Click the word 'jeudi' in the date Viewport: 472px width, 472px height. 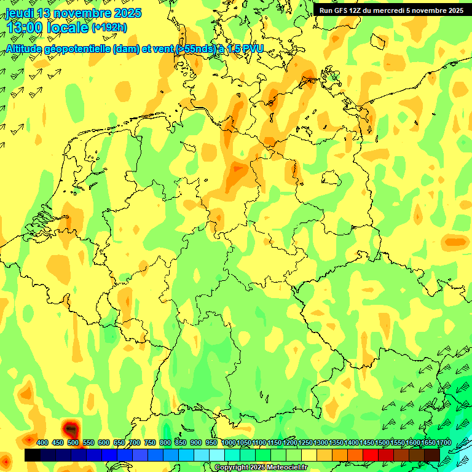click(x=19, y=13)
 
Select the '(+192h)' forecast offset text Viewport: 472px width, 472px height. click(x=109, y=28)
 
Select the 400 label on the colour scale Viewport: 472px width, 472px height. click(x=42, y=443)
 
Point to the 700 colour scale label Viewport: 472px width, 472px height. click(x=135, y=443)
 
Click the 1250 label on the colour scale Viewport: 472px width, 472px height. click(x=305, y=443)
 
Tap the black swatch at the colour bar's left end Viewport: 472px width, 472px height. click(x=33, y=455)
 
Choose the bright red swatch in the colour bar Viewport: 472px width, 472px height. click(x=370, y=455)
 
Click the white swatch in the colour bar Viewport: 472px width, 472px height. click(x=217, y=455)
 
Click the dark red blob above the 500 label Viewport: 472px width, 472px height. click(x=71, y=428)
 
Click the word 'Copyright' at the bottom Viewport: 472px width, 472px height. click(x=232, y=468)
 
